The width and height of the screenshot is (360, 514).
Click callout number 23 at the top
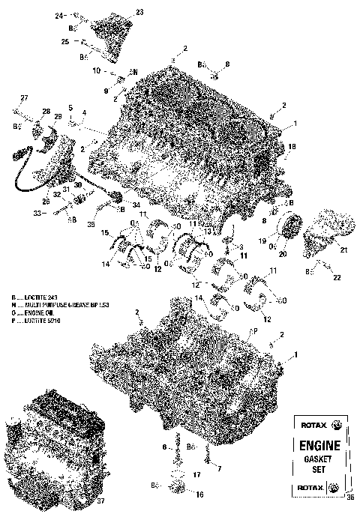(x=139, y=12)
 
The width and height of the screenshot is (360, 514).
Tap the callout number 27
(x=23, y=99)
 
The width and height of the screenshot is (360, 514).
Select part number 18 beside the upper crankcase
(x=292, y=147)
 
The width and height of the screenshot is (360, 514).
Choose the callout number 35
(x=91, y=223)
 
